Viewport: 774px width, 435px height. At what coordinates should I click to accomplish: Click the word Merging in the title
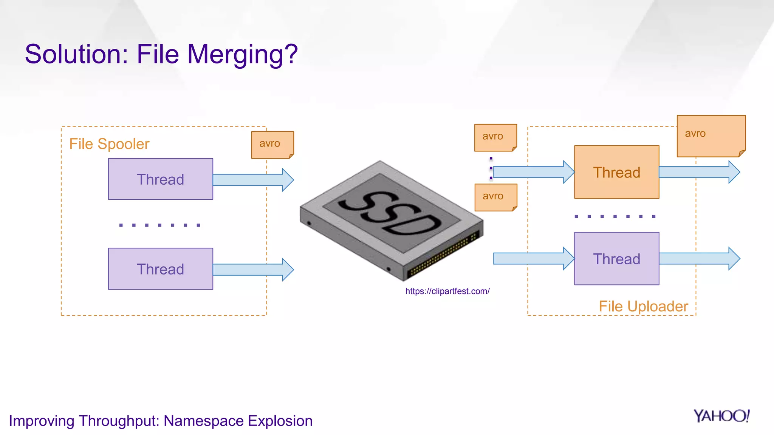242,54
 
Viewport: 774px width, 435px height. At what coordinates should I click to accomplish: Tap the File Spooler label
109,144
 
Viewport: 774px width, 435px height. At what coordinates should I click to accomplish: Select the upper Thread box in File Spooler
161,179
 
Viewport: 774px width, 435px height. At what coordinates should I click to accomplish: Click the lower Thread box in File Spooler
161,269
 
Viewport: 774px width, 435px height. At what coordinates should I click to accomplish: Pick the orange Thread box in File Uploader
616,172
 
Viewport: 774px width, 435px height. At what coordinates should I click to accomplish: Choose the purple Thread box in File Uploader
616,259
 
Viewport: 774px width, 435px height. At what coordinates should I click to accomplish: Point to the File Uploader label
643,306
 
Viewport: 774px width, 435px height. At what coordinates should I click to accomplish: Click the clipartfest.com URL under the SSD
447,291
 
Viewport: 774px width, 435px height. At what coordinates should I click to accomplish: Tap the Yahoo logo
721,416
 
